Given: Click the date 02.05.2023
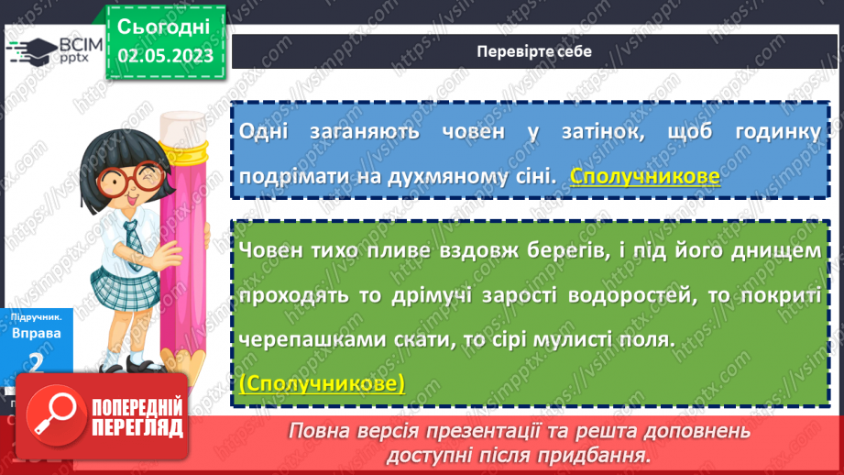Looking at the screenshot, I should pyautogui.click(x=165, y=56).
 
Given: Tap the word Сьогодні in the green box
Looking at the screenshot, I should pyautogui.click(x=165, y=26).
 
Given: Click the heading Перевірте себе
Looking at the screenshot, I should pyautogui.click(x=533, y=51).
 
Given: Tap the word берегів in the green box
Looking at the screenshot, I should pyautogui.click(x=549, y=251).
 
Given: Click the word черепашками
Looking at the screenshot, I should pyautogui.click(x=302, y=339).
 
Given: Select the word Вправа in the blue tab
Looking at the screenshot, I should pyautogui.click(x=37, y=334).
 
